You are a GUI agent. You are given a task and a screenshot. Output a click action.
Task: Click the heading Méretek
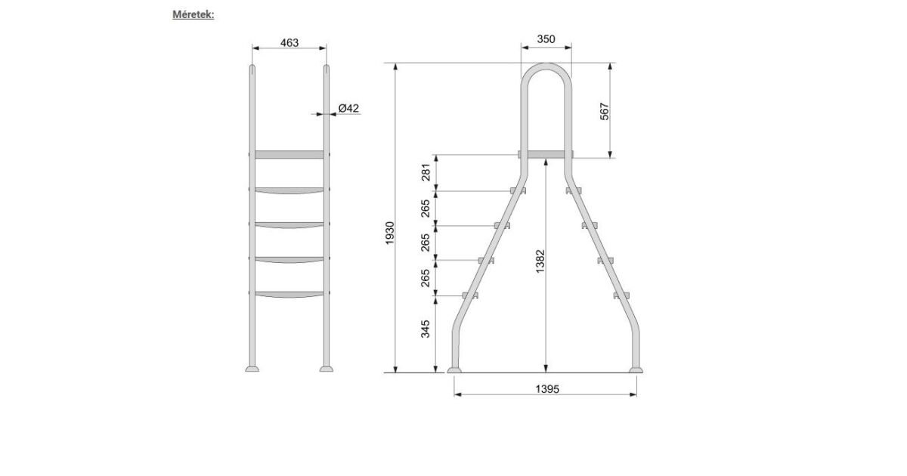pyautogui.click(x=193, y=14)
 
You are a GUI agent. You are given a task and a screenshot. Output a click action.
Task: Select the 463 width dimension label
pyautogui.click(x=289, y=42)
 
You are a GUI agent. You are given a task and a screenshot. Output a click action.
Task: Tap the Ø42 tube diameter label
pyautogui.click(x=348, y=108)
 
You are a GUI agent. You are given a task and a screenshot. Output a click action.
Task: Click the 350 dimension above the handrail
pyautogui.click(x=546, y=39)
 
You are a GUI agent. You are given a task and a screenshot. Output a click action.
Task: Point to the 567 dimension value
pyautogui.click(x=604, y=111)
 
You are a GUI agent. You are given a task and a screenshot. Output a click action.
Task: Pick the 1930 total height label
pyautogui.click(x=389, y=233)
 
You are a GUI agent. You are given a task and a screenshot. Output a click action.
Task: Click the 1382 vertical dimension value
pyautogui.click(x=540, y=261)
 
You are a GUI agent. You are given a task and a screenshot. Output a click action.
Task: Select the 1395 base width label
pyautogui.click(x=547, y=389)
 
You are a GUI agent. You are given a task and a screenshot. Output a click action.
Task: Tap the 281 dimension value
pyautogui.click(x=425, y=172)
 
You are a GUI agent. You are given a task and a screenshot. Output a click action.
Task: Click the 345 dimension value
pyautogui.click(x=425, y=329)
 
